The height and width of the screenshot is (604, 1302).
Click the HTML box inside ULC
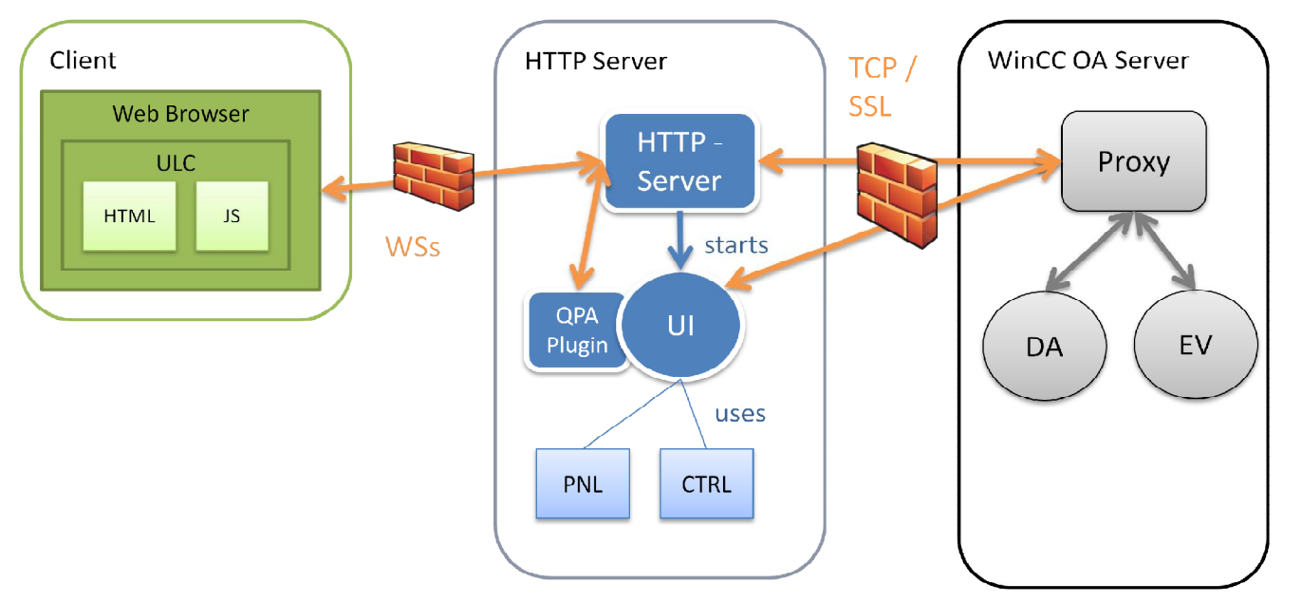point(129,217)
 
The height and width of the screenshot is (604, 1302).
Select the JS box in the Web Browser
point(232,217)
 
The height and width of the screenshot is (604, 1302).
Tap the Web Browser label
point(180,114)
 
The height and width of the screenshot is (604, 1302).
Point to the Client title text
point(83,61)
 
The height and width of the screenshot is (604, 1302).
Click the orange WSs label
point(413,248)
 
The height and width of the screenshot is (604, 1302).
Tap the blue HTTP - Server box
point(679,161)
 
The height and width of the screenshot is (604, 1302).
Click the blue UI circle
point(680,326)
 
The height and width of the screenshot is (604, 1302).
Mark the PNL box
point(583,483)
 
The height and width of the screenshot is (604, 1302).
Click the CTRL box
point(707,483)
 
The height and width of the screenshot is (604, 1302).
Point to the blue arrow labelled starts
point(679,241)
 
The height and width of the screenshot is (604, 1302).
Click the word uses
point(739,414)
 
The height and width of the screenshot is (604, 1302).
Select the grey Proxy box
point(1133,161)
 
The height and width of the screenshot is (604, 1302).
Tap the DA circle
point(1044,347)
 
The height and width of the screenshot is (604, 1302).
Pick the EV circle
point(1196,345)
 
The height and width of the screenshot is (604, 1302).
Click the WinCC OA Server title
point(1088,61)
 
